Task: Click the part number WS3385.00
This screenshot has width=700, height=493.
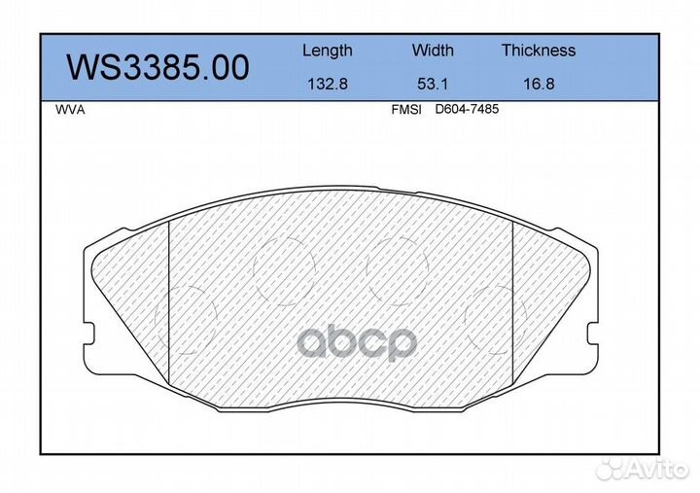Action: (x=157, y=67)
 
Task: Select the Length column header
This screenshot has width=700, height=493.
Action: (x=328, y=51)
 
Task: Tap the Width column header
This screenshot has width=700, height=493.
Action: (x=433, y=50)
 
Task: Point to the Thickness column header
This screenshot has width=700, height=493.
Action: (x=539, y=50)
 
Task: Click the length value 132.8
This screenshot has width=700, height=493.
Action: (x=328, y=84)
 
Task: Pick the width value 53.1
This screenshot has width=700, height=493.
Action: (x=433, y=84)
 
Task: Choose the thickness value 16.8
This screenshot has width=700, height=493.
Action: (x=539, y=84)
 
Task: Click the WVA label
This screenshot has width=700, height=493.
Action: (x=70, y=110)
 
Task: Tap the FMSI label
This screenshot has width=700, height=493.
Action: (x=406, y=110)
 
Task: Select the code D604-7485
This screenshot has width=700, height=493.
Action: (x=467, y=110)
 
